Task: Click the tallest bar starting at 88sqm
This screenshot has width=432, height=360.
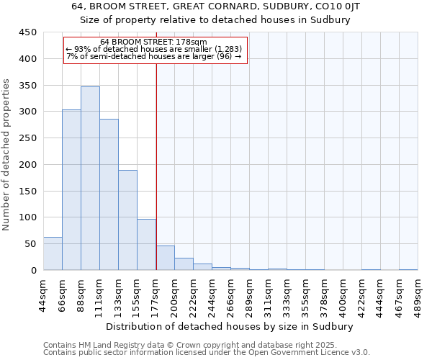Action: pos(90,179)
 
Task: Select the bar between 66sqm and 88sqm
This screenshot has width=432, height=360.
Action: pos(71,190)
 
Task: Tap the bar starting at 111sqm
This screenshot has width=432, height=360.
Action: pos(109,194)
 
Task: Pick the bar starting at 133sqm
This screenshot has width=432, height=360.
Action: pos(127,220)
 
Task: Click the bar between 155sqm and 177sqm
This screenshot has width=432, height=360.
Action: pos(146,245)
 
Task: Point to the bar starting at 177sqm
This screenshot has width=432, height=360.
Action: pos(165,258)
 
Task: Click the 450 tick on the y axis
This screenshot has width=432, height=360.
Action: pos(28,32)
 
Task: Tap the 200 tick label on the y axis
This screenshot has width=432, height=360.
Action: pos(28,165)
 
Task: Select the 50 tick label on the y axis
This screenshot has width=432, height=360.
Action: pos(31,244)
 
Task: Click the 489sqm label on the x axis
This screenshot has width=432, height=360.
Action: pos(418,296)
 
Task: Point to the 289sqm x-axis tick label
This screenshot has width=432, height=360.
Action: pos(250,296)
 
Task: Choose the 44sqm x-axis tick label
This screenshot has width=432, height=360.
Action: pos(44,294)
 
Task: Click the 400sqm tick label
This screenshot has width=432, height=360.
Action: pos(343,296)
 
